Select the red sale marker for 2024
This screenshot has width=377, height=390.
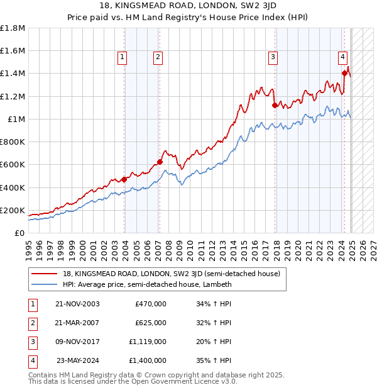pos(344,73)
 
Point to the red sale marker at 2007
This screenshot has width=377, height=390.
pos(160,162)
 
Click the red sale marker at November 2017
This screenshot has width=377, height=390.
pos(275,105)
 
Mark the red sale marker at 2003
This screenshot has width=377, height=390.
pos(124,179)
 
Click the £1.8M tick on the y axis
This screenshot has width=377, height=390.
pos(13,28)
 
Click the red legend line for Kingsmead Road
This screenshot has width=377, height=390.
pos(45,274)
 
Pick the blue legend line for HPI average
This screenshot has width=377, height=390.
pos(45,284)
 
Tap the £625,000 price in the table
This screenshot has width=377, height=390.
pos(151,323)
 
